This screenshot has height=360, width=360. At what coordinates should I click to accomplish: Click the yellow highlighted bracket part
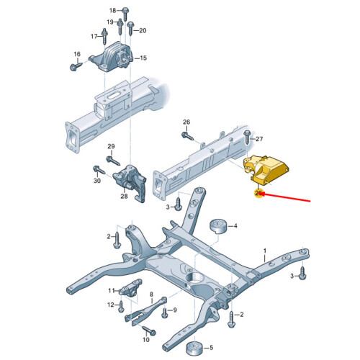pos(266,170)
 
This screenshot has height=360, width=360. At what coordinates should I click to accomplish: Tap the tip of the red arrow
pos(260,194)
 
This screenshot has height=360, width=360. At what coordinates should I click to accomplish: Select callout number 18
pos(113,10)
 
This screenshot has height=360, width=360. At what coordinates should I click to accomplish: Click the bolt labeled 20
pos(130,28)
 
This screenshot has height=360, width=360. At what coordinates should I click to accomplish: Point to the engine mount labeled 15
pos(112,57)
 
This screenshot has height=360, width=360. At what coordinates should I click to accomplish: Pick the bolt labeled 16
pos(76,66)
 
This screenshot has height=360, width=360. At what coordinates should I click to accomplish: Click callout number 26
pos(186,122)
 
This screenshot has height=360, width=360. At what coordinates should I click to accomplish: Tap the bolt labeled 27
pos(248,137)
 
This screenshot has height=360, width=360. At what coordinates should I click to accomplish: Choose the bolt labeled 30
pos(99,169)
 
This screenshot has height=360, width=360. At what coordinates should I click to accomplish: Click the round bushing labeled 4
pos(218,226)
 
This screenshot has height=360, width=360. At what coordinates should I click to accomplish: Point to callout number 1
pos(265,251)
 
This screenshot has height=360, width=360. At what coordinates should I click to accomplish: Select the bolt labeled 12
pos(121,306)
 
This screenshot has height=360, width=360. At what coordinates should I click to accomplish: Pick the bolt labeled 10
pos(149,330)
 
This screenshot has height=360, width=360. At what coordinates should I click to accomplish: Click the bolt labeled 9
pos(165,312)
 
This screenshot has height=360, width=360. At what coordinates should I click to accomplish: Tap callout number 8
pos(151,294)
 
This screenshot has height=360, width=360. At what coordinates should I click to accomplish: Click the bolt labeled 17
pos(104,36)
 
